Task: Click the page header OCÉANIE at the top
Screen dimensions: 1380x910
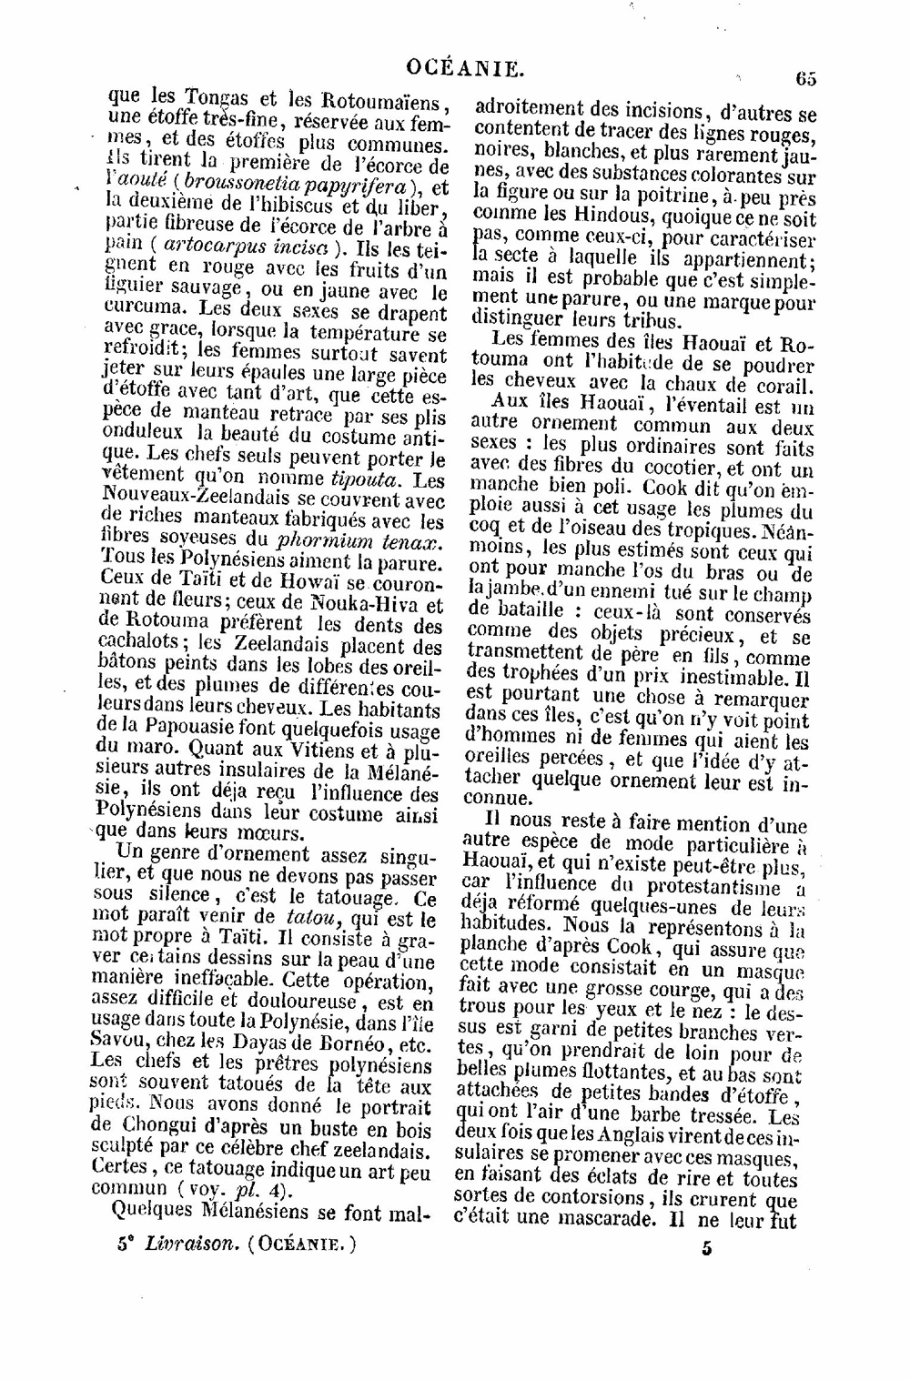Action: point(463,66)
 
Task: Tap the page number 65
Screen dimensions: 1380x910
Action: point(805,78)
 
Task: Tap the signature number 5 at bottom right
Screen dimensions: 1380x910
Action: point(706,1248)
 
